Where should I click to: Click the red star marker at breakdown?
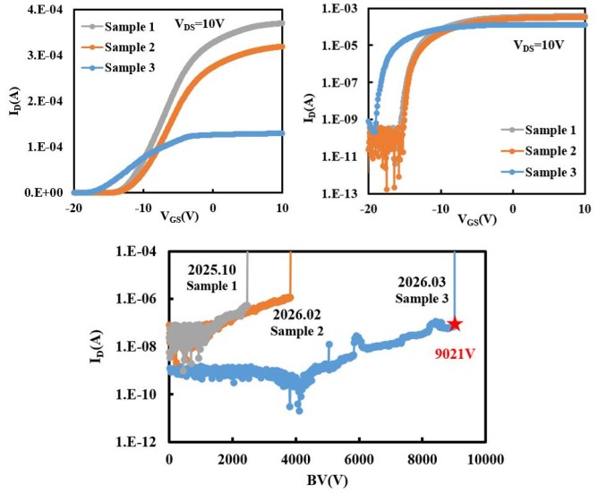tap(455, 324)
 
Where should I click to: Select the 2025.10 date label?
tap(214, 268)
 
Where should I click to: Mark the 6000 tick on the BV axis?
tap(359, 459)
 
